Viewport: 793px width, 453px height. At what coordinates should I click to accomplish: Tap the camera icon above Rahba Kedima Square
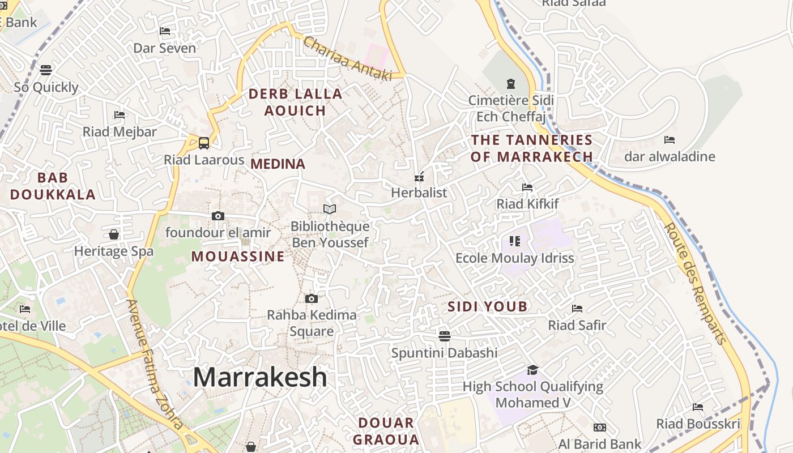point(311,298)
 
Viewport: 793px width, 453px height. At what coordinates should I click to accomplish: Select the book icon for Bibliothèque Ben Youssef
point(330,209)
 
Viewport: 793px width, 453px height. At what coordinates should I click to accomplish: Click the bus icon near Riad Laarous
point(204,143)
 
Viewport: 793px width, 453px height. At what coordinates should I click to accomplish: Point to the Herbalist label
point(419,193)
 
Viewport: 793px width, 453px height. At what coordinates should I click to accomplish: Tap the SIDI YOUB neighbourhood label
point(488,307)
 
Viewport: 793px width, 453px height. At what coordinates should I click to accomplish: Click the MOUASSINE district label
point(238,257)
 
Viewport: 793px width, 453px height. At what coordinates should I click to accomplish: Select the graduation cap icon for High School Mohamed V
point(532,370)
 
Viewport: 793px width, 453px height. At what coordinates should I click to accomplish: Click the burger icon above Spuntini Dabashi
point(445,336)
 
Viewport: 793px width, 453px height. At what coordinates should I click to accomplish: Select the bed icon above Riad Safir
point(577,309)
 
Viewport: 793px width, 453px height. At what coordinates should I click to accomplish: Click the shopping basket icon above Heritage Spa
point(114,234)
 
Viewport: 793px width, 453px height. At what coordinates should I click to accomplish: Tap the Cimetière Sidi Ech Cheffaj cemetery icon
point(511,84)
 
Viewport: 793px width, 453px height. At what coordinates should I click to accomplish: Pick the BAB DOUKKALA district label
point(53,186)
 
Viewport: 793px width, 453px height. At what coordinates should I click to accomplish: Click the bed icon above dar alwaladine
point(670,139)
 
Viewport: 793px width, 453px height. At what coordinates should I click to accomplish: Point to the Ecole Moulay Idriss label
point(515,258)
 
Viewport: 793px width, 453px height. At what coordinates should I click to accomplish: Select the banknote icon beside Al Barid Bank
point(600,428)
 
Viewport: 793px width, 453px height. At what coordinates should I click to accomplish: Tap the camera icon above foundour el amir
point(218,216)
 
